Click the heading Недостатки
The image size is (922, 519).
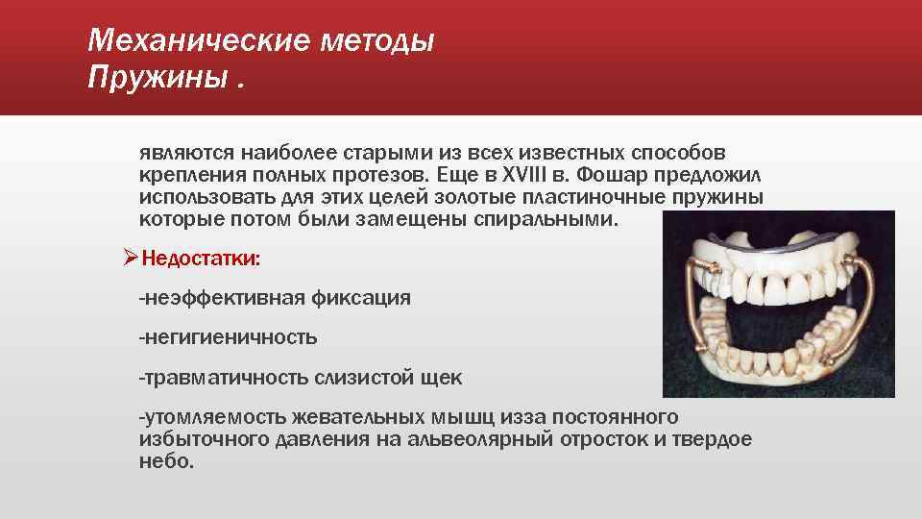coord(200,259)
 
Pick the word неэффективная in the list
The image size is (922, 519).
coord(221,298)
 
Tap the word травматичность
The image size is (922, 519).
coord(223,378)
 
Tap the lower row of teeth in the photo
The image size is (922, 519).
coord(759,337)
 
